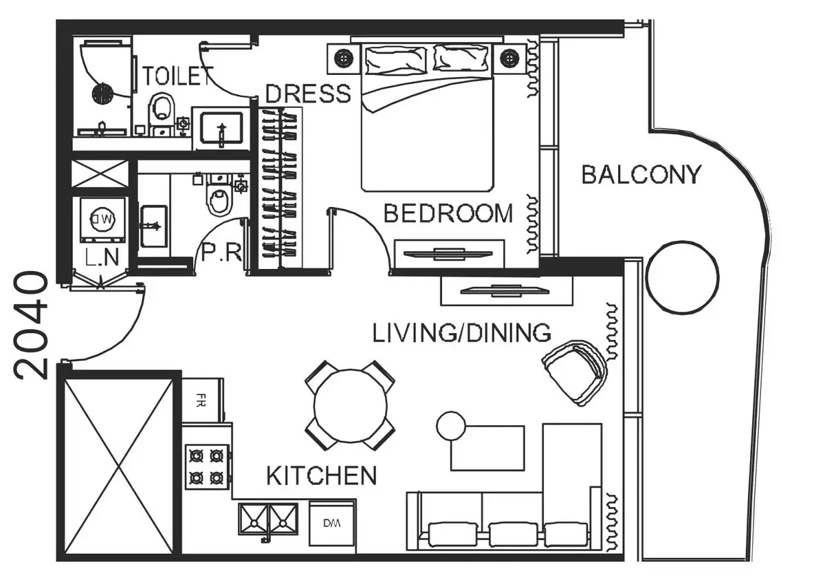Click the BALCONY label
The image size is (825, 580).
tap(641, 175)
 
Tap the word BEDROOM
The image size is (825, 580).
tap(448, 213)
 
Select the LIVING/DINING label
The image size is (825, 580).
tap(461, 333)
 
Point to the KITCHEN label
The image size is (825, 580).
tap(322, 475)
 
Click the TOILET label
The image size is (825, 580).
tap(178, 76)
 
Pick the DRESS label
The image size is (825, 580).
tap(308, 94)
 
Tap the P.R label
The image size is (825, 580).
tap(221, 253)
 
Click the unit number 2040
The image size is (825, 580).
tap(32, 325)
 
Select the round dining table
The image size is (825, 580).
tap(350, 405)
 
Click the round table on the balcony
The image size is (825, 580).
tap(683, 277)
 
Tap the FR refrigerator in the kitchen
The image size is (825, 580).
tap(203, 400)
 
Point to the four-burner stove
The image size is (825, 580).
tap(208, 467)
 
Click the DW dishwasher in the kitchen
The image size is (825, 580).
tap(332, 524)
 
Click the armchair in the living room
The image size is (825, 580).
tap(575, 372)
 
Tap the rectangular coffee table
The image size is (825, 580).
tap(487, 448)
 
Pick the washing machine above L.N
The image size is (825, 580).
tap(103, 219)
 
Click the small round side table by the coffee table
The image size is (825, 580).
tap(451, 426)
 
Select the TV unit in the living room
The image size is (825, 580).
tap(507, 290)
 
